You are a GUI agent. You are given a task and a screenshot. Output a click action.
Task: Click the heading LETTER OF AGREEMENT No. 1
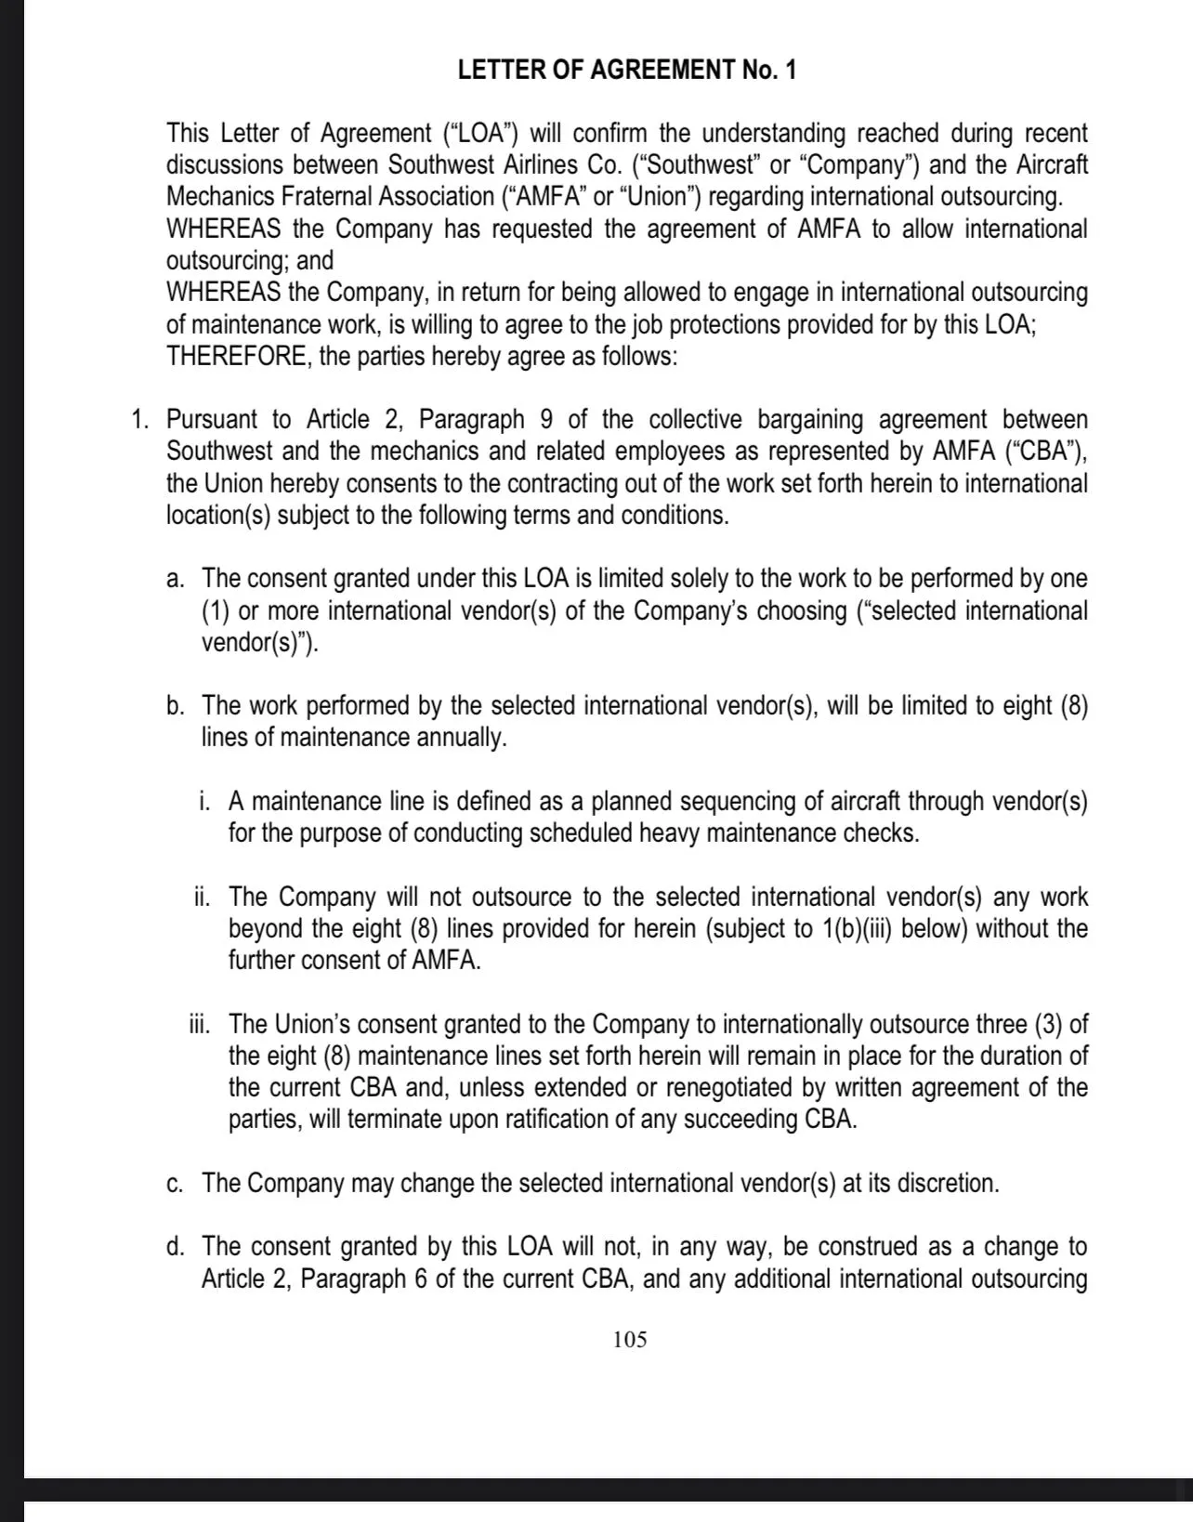pos(627,71)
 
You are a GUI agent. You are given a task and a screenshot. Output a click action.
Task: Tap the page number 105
pos(630,1339)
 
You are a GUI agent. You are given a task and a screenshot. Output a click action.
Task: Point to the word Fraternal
pos(308,197)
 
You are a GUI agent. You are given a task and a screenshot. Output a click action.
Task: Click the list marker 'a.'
pos(175,579)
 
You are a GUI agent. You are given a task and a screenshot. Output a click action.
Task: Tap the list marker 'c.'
pos(175,1183)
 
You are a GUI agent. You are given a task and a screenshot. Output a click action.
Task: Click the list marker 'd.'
pos(175,1246)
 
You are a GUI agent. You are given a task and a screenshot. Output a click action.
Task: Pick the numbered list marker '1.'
pos(140,419)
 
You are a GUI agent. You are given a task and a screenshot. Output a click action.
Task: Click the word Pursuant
pos(219,419)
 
